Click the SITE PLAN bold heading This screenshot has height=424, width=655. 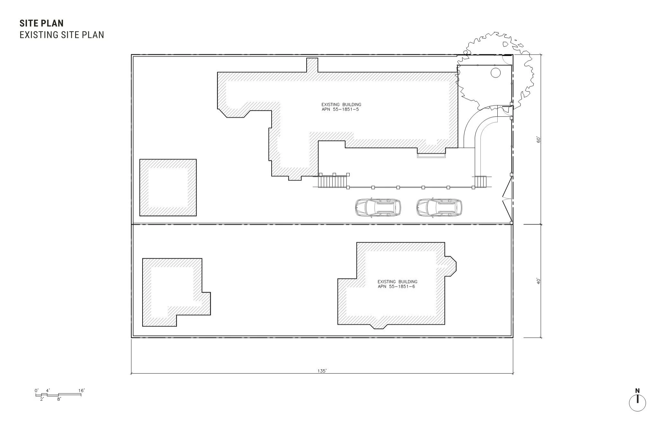tap(41, 23)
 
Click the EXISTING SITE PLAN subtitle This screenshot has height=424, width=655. tap(62, 35)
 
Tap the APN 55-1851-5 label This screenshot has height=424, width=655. tap(340, 110)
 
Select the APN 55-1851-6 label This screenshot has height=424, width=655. tap(397, 287)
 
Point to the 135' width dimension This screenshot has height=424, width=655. tap(322, 371)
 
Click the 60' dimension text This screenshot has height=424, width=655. tap(539, 140)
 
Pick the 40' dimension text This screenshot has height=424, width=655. tap(539, 281)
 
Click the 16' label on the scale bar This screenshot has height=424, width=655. tap(82, 391)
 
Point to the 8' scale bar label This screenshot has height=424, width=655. tap(59, 399)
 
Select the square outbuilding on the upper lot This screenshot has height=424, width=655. tap(168, 188)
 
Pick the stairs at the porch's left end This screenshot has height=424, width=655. tap(333, 181)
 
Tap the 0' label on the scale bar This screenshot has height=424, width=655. tap(37, 391)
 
